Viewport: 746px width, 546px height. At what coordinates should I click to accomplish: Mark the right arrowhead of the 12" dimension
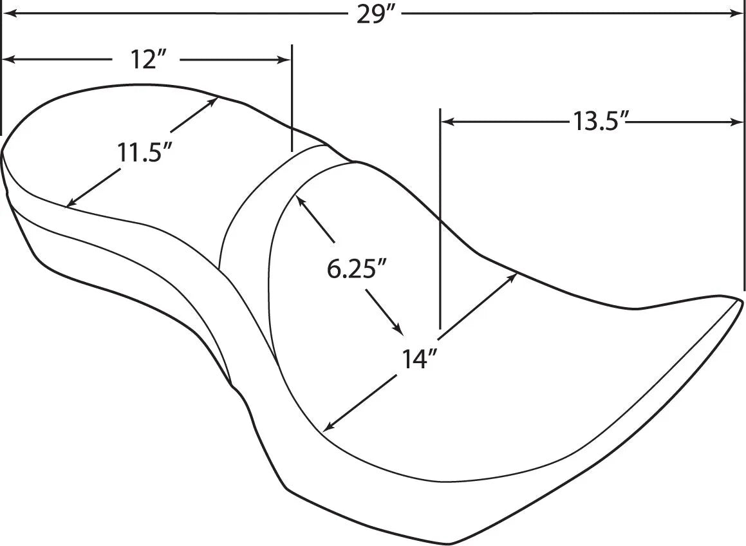coord(284,60)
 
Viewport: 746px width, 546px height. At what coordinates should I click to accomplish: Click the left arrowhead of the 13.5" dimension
coord(445,121)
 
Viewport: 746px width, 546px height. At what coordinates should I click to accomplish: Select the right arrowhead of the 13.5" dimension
coord(739,121)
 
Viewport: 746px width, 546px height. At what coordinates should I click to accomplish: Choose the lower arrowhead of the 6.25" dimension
coord(399,330)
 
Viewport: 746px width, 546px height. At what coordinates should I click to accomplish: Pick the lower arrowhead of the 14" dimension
coord(328,427)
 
